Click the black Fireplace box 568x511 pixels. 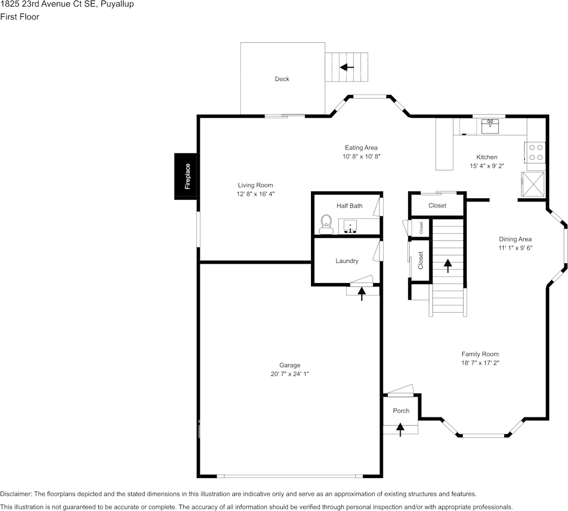(x=186, y=176)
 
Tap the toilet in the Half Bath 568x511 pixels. (x=326, y=224)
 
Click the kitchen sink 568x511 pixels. (x=490, y=126)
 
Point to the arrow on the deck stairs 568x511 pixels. (x=347, y=67)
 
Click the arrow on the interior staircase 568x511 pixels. (x=448, y=266)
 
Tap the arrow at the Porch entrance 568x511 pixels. (x=400, y=429)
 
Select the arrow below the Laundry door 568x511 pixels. (x=362, y=294)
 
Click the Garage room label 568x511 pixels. (x=290, y=365)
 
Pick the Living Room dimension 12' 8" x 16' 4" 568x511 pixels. (x=255, y=194)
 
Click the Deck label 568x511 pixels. (x=282, y=79)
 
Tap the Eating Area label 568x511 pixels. (x=361, y=148)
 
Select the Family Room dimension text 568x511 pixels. (x=480, y=363)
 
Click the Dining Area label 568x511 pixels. (x=515, y=239)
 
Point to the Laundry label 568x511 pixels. (x=347, y=261)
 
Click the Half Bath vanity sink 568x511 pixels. (x=350, y=226)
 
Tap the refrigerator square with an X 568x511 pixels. (x=533, y=184)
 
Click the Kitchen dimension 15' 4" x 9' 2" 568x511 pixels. (x=487, y=166)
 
